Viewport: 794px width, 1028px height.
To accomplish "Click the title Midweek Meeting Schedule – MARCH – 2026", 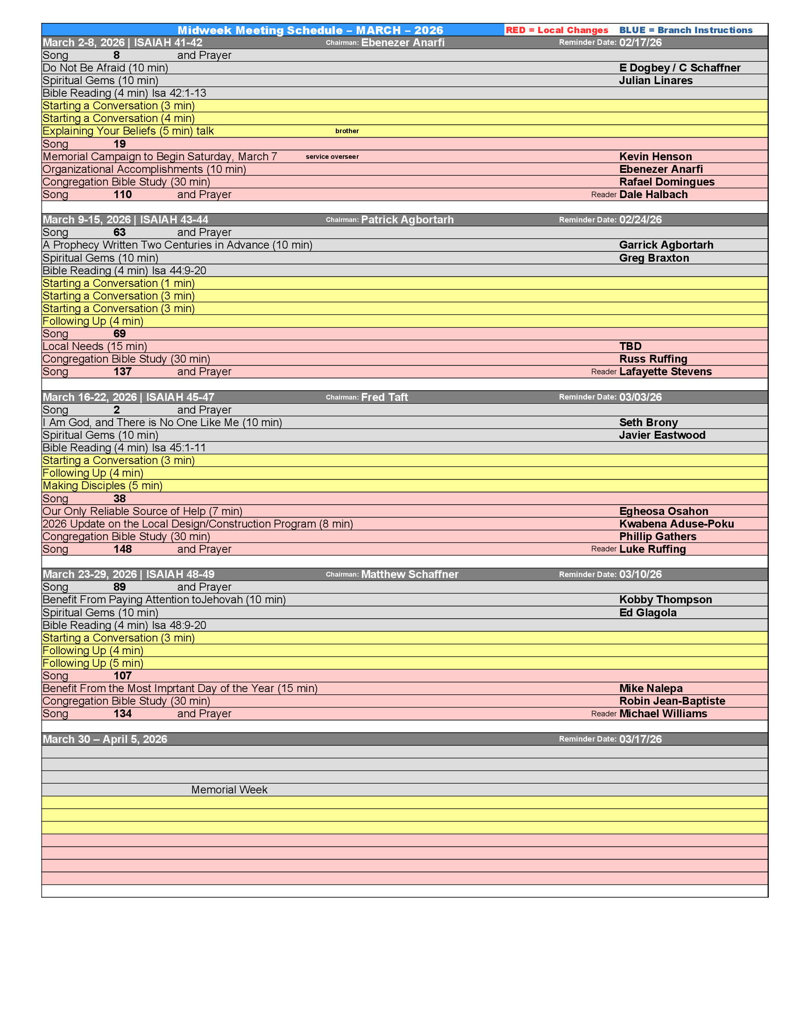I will click(310, 30).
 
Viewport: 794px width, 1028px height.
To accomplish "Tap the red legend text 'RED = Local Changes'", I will click(556, 30).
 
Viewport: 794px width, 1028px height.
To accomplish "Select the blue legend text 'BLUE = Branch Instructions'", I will click(685, 30).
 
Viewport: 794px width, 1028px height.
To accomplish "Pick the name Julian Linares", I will click(655, 80).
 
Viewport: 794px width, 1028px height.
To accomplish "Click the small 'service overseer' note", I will click(332, 157).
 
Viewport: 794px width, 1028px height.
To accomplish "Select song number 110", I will click(122, 195).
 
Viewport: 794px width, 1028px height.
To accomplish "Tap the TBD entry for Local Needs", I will click(630, 346).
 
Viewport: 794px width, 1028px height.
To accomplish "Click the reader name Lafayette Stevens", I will click(665, 372).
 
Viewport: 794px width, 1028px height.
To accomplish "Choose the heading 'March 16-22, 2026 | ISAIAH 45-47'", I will click(128, 397).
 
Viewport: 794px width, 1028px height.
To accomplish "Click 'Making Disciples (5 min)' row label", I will click(103, 486).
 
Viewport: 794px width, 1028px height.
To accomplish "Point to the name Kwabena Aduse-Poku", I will click(676, 524).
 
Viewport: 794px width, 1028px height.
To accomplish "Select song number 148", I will click(122, 550).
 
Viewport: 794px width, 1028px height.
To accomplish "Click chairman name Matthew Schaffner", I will click(409, 575).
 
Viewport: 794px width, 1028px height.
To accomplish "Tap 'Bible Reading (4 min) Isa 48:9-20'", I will click(124, 626).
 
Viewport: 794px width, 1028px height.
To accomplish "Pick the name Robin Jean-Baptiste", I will click(672, 701).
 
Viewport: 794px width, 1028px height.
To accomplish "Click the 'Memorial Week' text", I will click(229, 790).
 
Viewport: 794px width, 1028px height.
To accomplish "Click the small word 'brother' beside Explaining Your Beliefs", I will click(347, 131).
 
